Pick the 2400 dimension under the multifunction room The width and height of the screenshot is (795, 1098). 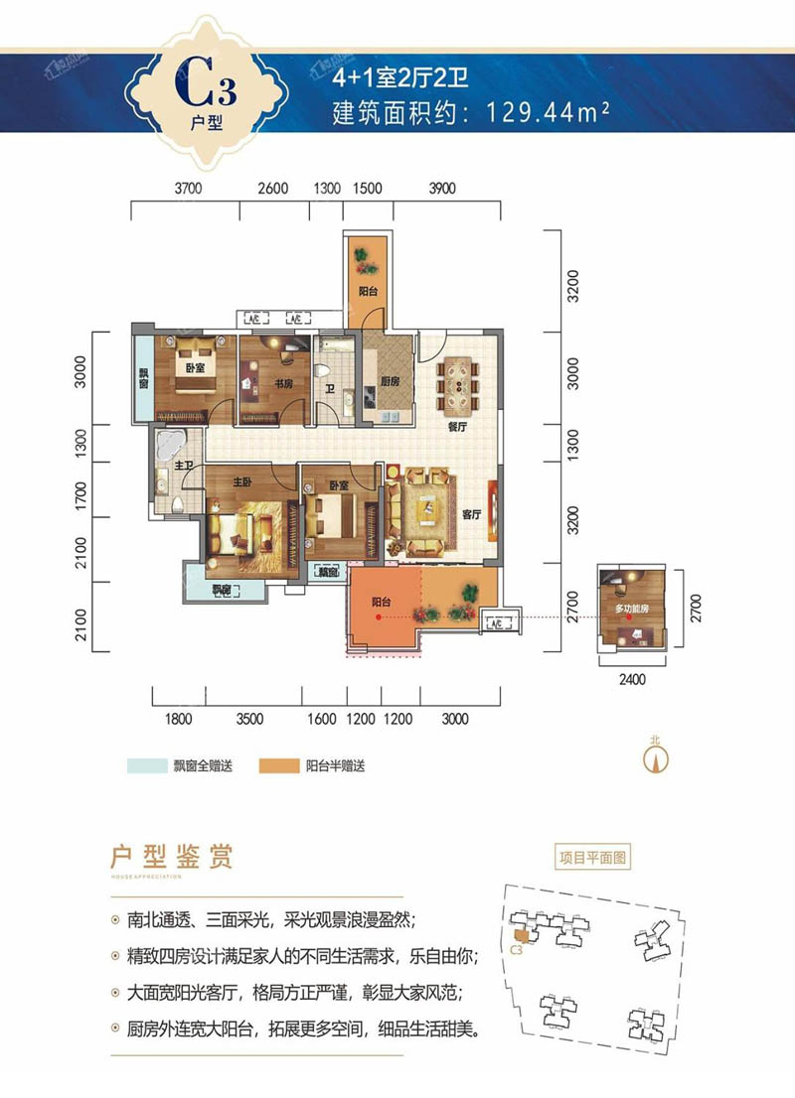[631, 680]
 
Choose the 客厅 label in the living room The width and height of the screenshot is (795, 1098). [471, 515]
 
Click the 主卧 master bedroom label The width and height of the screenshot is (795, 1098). [242, 483]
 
